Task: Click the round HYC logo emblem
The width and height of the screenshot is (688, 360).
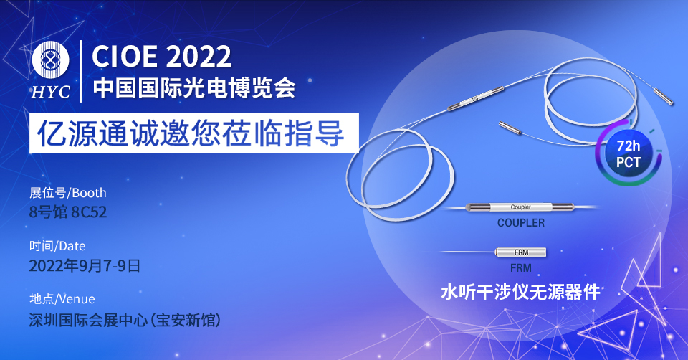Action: [x=50, y=60]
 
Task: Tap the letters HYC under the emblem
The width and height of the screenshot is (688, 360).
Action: [x=50, y=93]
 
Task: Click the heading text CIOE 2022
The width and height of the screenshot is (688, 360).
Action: [x=161, y=57]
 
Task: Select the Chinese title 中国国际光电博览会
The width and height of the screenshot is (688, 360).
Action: [x=194, y=87]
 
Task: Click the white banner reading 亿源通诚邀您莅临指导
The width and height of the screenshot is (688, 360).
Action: [x=194, y=133]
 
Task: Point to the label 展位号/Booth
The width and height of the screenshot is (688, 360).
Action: [x=68, y=193]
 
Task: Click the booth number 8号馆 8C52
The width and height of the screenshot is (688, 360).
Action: [x=68, y=212]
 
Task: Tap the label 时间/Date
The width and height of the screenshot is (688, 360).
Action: [x=57, y=246]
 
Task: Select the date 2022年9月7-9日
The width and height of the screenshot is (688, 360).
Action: [x=85, y=265]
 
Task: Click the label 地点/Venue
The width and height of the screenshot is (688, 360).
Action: [x=62, y=299]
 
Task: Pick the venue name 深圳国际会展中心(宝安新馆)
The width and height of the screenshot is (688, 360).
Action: [x=125, y=320]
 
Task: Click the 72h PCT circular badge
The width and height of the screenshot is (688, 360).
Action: [x=629, y=153]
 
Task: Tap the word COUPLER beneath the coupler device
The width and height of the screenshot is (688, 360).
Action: [x=521, y=223]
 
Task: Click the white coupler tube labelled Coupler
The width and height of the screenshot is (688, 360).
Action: [x=520, y=207]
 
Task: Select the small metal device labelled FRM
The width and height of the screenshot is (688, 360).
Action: [x=521, y=252]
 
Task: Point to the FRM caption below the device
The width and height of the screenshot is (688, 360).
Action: [x=521, y=267]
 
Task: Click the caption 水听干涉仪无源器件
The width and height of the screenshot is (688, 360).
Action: [x=520, y=292]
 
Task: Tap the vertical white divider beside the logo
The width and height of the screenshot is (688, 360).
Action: [x=81, y=71]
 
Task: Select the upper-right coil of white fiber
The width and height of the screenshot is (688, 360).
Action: [x=590, y=102]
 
